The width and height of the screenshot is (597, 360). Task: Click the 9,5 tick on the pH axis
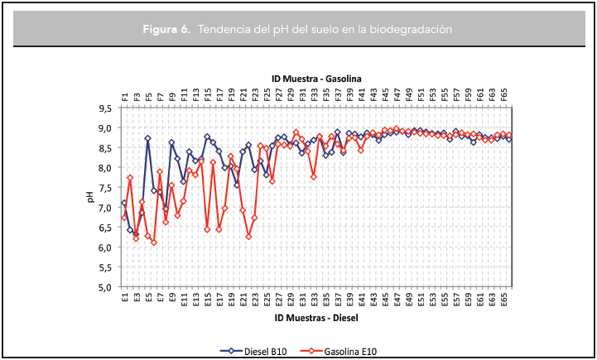tap(105, 108)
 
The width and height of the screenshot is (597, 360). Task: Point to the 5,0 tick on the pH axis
tap(105, 287)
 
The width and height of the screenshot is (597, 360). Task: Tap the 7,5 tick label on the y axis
tap(105, 188)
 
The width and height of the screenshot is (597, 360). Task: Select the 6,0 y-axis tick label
tap(105, 247)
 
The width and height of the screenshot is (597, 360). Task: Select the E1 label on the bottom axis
tap(125, 297)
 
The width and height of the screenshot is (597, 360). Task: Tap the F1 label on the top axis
tap(125, 96)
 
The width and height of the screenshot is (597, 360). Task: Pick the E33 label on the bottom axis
tap(315, 299)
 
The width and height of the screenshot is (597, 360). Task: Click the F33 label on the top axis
tap(315, 94)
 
